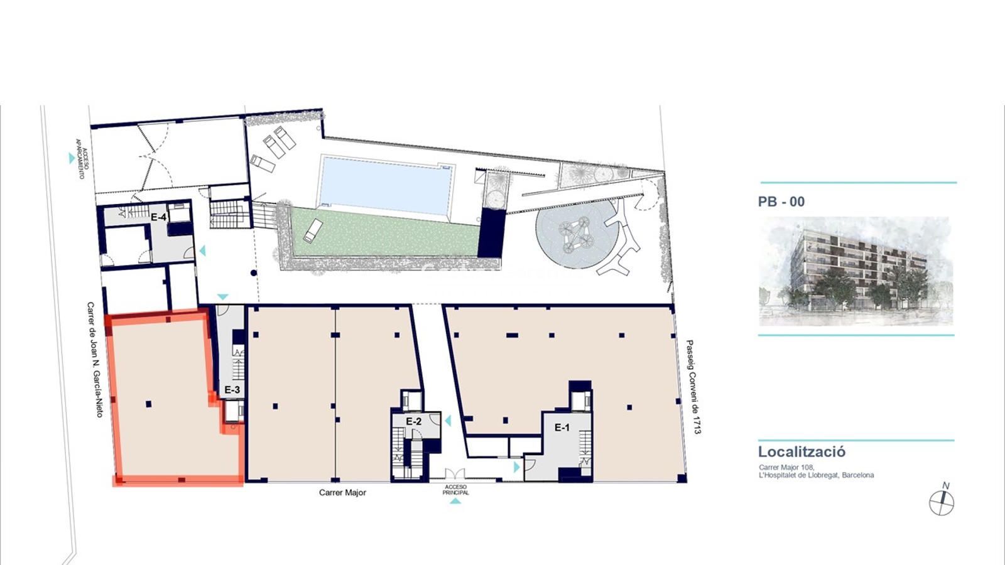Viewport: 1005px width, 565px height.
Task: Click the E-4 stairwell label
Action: [x=158, y=217]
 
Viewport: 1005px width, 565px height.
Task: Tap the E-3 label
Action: [x=232, y=390]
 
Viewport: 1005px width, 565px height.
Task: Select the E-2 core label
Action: [x=414, y=421]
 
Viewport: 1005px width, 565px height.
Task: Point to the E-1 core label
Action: [x=562, y=428]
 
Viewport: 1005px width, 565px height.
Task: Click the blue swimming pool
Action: [x=384, y=185]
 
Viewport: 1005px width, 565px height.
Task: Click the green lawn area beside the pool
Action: [x=385, y=233]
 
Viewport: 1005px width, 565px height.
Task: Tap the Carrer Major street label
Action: [x=342, y=492]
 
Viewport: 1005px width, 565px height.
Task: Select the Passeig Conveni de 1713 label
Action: [x=693, y=387]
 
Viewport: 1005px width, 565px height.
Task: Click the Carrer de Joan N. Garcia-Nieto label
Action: [x=95, y=360]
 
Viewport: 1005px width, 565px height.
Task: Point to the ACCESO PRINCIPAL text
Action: [x=455, y=490]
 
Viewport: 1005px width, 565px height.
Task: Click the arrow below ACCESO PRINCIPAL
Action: [x=455, y=502]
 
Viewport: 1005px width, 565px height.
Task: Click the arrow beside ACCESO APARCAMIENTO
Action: [x=72, y=158]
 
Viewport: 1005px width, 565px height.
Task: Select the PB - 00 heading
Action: [x=781, y=202]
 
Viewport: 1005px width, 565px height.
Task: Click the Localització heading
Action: [x=801, y=451]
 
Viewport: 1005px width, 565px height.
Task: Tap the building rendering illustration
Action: [x=855, y=271]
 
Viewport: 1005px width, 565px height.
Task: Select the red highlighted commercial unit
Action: [x=175, y=397]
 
